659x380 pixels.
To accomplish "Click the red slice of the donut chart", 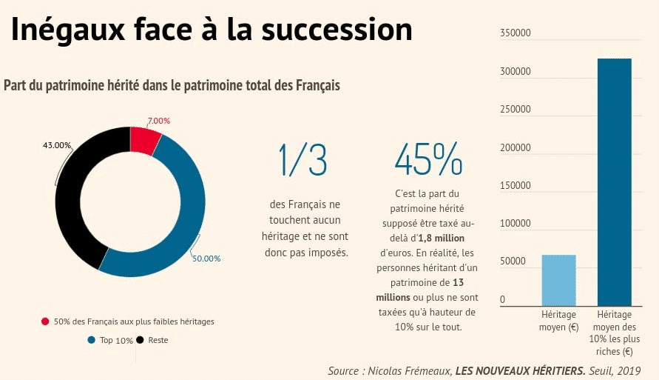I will coord(145,140).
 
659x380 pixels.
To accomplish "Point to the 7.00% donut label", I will coord(158,121).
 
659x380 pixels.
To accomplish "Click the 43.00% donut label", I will coord(57,145).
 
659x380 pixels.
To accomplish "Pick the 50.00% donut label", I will coord(206,259).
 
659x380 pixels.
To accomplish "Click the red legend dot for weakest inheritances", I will coord(45,321).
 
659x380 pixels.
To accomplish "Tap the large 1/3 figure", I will coord(303,159).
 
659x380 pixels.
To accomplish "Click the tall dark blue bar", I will coord(614,181).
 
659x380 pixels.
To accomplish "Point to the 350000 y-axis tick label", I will coord(515,33).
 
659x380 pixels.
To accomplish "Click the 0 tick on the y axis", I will coord(503,300).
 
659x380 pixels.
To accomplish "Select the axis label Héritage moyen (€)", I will coord(558,321).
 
